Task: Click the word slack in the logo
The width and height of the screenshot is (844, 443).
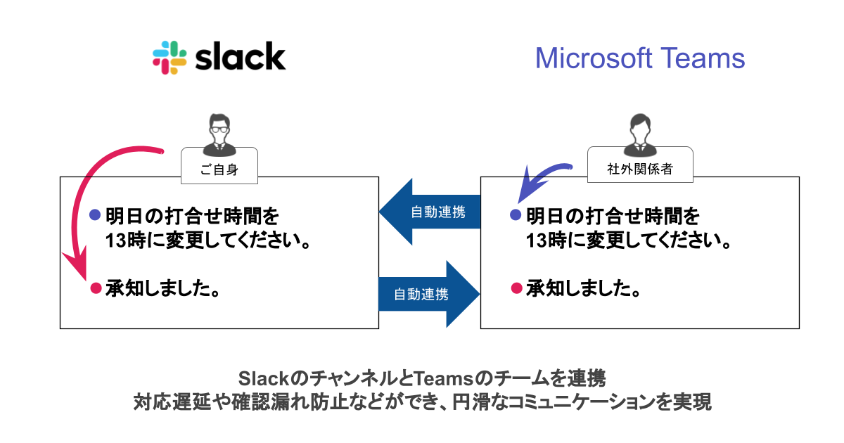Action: coord(240,57)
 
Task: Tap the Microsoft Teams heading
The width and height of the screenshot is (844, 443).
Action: coord(639,58)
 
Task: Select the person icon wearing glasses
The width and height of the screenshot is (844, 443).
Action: coord(219,135)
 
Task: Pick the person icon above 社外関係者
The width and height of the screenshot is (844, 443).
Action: coord(640,134)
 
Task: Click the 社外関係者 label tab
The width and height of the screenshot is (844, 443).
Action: coord(640,167)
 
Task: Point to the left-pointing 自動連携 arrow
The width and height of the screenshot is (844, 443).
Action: coord(429,212)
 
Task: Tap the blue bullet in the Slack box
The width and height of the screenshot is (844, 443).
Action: coord(96,214)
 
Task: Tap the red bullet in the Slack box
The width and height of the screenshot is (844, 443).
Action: coord(96,288)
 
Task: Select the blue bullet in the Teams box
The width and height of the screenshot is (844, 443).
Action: coord(516,214)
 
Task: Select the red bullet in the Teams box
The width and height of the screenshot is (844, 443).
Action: coord(516,288)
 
